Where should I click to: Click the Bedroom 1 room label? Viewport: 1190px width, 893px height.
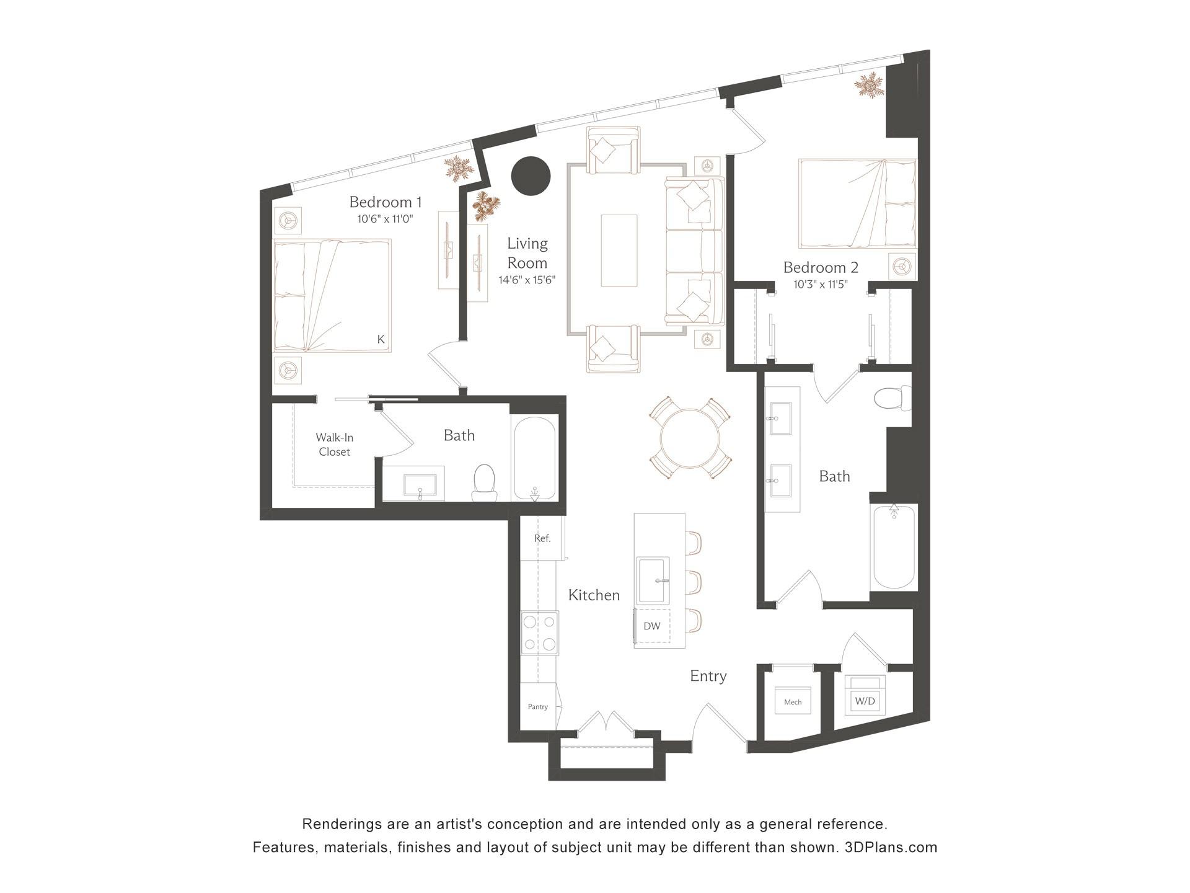coord(385,202)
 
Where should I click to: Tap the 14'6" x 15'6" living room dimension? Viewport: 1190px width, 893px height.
coord(527,280)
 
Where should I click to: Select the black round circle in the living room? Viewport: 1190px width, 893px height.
coord(531,175)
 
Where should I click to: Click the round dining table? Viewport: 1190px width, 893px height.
coord(690,438)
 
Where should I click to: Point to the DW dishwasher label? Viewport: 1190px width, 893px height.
coord(652,626)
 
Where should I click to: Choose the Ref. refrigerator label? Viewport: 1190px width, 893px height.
coord(542,538)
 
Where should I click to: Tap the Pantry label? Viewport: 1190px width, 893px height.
coord(538,706)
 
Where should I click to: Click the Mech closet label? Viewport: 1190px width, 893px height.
coord(793,702)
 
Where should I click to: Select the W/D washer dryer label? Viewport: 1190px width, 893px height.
coord(865,701)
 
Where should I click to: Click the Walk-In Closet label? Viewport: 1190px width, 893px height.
coord(335,445)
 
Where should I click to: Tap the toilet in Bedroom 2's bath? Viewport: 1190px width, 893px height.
coord(893,398)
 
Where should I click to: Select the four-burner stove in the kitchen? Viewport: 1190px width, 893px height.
coord(539,633)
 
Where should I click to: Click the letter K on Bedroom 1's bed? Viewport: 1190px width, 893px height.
coord(381,339)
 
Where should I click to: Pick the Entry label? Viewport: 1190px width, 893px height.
coord(708,676)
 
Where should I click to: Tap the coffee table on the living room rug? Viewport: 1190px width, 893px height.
coord(619,251)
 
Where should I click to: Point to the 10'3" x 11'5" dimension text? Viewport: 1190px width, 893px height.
coord(821,285)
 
